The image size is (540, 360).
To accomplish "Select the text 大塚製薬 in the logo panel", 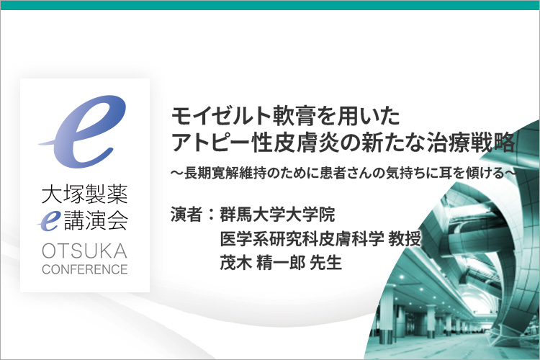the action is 85,194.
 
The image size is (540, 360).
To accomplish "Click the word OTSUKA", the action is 85,251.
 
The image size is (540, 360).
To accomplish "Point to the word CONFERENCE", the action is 85,269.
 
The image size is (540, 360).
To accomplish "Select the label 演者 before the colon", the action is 186,214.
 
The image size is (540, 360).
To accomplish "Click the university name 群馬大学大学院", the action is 277,214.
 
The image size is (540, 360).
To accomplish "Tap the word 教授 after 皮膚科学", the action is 405,239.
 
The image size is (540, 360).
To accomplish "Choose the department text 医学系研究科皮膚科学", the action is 302,239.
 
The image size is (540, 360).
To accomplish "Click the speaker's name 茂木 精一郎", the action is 262,263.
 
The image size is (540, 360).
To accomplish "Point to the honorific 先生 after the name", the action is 325,263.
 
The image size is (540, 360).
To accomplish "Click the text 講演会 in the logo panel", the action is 96,221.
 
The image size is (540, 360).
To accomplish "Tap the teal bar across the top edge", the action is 270,5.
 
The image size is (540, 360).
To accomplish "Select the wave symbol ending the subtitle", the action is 510,173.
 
